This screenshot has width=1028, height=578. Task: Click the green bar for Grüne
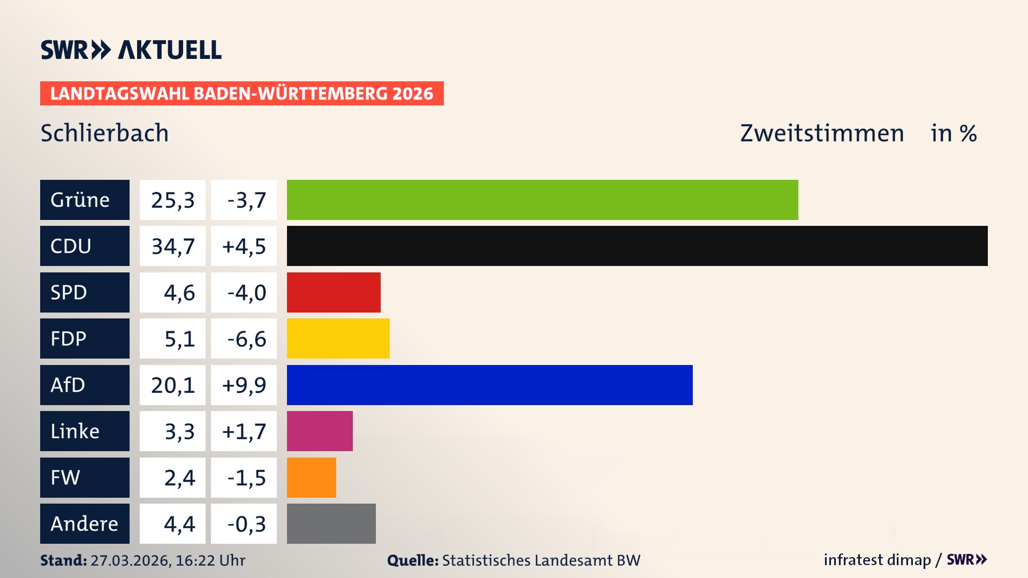pos(542,200)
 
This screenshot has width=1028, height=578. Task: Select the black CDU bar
pos(637,246)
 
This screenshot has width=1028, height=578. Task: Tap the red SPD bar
pos(334,292)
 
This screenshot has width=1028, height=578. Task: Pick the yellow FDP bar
pos(338,338)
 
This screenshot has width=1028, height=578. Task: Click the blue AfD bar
pos(489,385)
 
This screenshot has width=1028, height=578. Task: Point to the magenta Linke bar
pos(320,431)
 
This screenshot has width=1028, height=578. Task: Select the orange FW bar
pos(311,477)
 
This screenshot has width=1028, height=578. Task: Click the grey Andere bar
pos(331,523)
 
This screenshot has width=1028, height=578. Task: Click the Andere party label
pos(85,523)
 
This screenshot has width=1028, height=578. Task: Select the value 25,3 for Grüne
pos(172,200)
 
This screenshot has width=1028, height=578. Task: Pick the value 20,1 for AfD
pos(172,385)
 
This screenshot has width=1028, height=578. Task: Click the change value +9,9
pos(244,385)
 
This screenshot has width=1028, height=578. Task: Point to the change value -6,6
pos(246,338)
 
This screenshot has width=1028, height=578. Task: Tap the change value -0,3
pos(246,523)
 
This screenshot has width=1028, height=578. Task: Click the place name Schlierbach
pos(104,133)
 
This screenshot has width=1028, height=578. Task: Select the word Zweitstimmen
pos(822,133)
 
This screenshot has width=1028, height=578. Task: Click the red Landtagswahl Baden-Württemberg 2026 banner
pos(241,93)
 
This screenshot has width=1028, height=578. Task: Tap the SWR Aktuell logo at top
pos(131,50)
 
